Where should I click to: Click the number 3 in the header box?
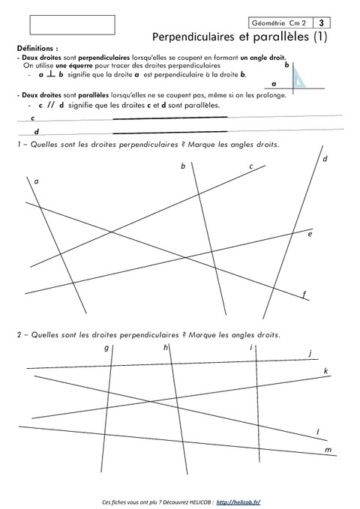tap(322, 22)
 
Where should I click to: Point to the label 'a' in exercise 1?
tap(36, 181)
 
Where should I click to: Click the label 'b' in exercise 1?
tap(182, 166)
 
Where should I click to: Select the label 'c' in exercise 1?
tap(250, 166)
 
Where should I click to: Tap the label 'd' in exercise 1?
tap(325, 159)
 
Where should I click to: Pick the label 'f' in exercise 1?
tap(304, 294)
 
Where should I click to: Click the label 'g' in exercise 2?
tap(106, 348)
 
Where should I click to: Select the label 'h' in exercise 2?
tap(165, 348)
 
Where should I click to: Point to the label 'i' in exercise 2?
tap(250, 348)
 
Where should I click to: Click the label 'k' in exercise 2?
tap(325, 371)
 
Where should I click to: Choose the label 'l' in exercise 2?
tap(318, 432)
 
